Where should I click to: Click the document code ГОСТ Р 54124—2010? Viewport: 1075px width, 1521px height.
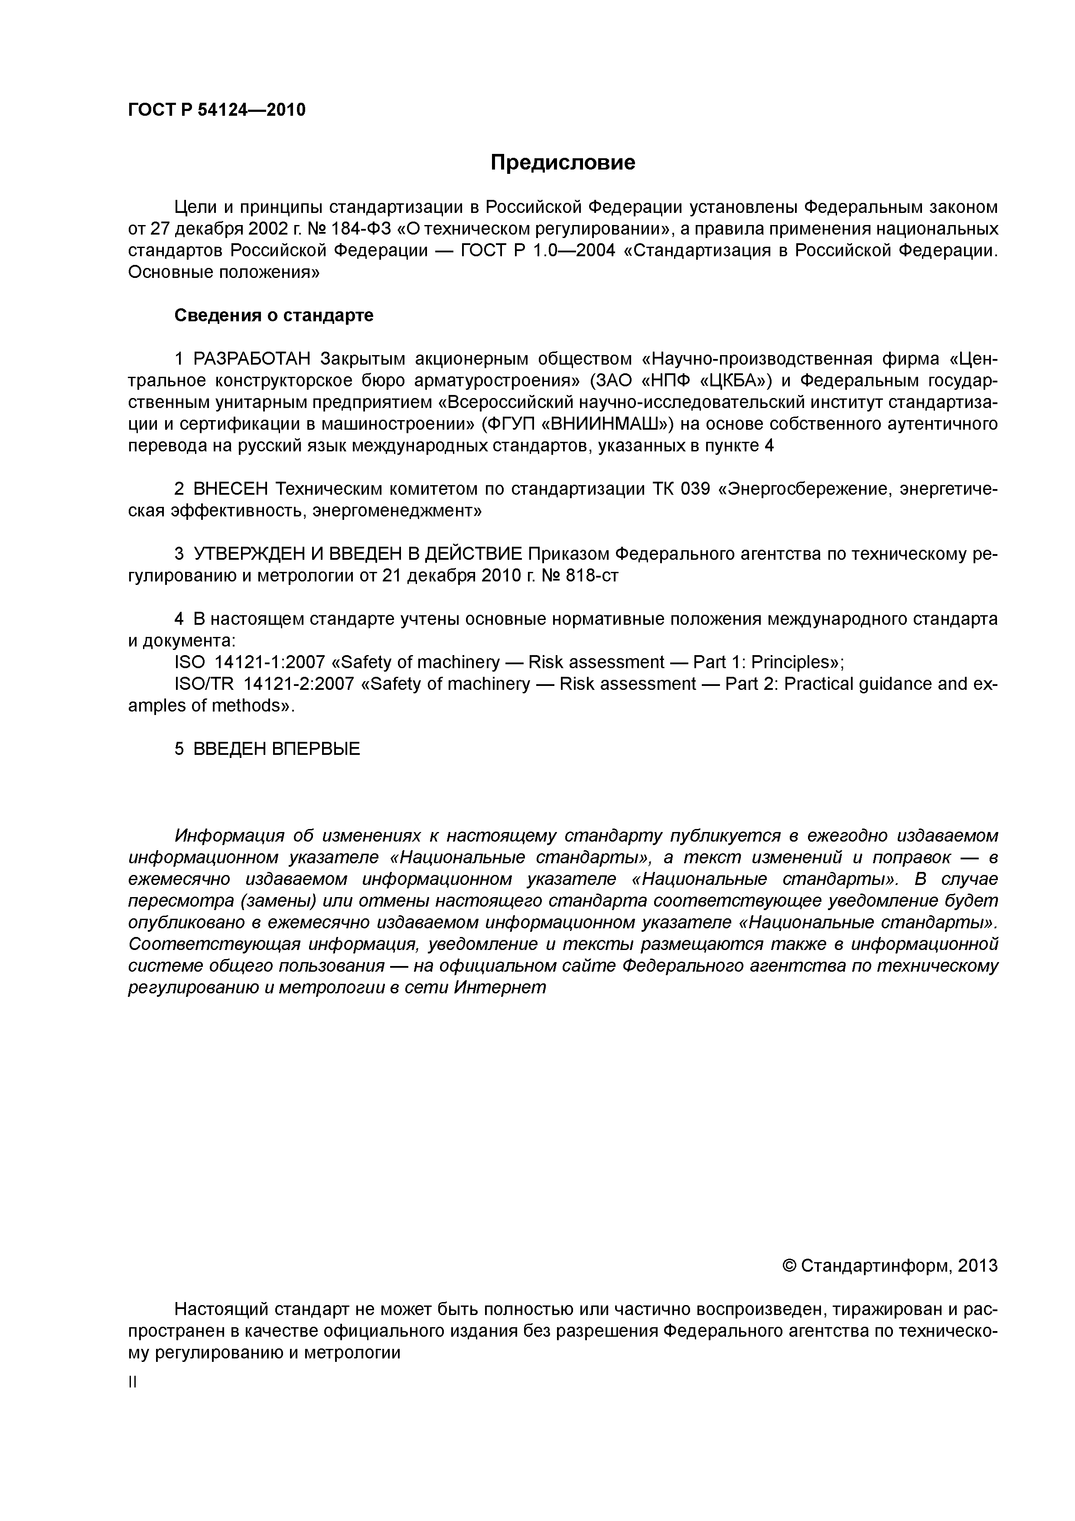tap(217, 110)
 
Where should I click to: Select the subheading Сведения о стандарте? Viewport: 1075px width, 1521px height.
tap(274, 315)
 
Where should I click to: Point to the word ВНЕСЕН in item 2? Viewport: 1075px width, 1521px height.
tap(231, 489)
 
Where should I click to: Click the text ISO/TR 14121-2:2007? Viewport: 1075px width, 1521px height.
tap(264, 684)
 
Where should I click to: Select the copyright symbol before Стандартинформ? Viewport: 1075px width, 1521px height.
tap(789, 1266)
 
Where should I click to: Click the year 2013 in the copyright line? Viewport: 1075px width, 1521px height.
tap(977, 1266)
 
